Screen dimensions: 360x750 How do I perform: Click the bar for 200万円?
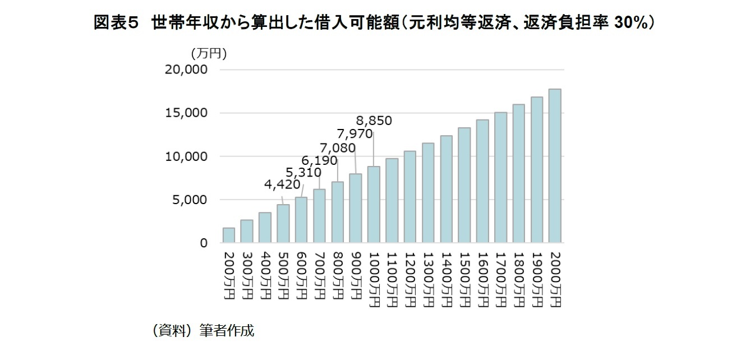[229, 236]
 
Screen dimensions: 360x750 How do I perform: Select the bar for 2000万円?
[555, 166]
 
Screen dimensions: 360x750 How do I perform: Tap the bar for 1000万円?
[374, 205]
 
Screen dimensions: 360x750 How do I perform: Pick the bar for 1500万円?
[464, 186]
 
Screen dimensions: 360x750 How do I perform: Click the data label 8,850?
[374, 121]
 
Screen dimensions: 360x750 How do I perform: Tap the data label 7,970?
[355, 134]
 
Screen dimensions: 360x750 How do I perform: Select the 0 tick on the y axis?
[205, 243]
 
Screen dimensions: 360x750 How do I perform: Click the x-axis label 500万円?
[283, 275]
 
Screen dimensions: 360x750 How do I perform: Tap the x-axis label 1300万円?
[428, 279]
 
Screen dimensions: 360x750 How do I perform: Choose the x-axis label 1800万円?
[518, 279]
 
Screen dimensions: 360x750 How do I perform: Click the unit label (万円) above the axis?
[209, 53]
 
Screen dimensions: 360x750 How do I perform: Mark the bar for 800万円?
[337, 213]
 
